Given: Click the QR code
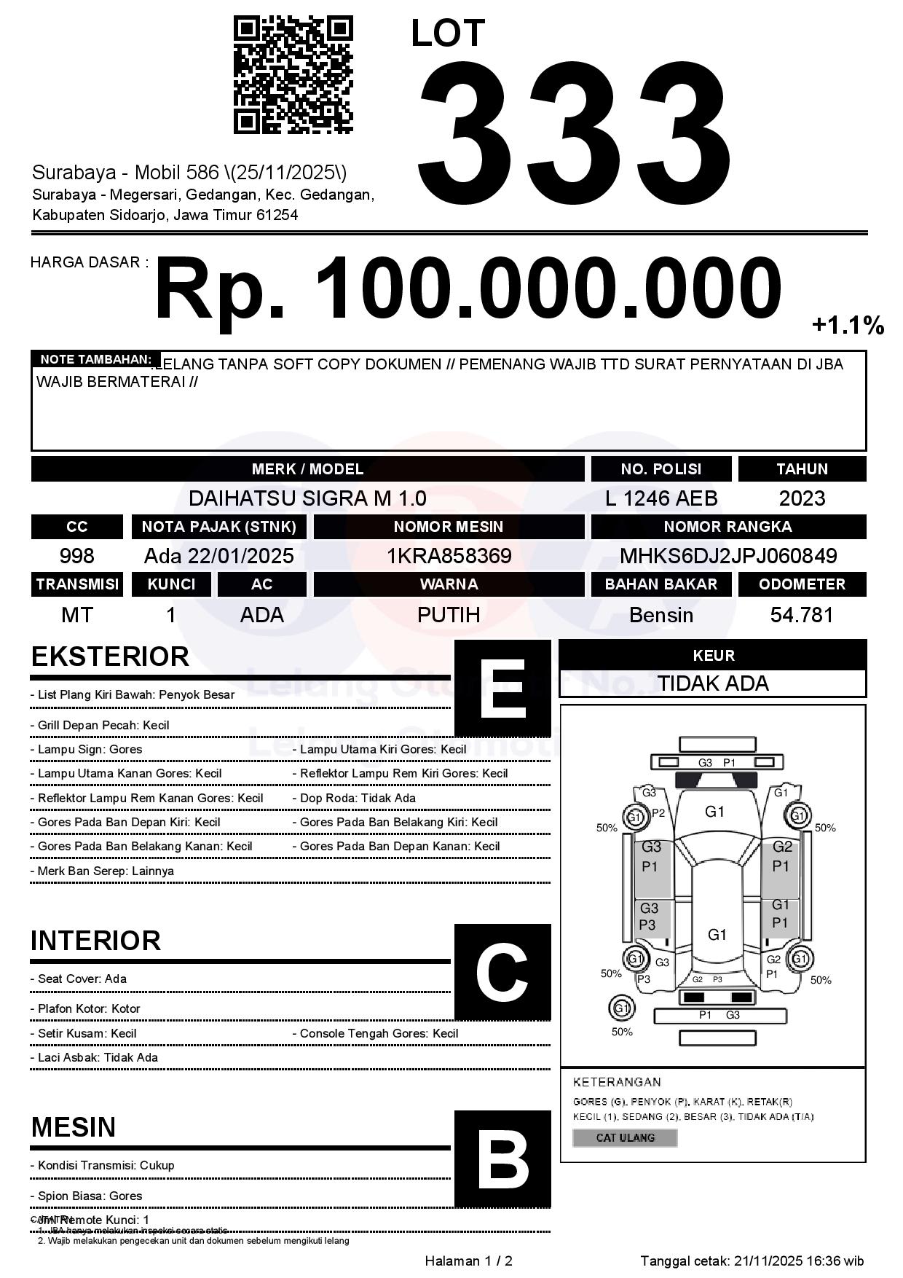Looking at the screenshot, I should tap(293, 75).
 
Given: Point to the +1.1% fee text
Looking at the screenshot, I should tap(848, 325).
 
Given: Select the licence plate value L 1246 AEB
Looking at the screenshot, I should tap(661, 498).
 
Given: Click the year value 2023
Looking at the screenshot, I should tap(802, 498).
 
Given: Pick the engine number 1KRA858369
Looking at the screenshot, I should tap(449, 556).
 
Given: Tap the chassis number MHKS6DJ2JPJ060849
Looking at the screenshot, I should tap(728, 556).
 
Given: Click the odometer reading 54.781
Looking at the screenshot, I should tap(802, 615).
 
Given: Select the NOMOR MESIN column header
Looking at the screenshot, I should tap(449, 527).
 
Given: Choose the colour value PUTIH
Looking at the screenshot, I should tap(449, 615).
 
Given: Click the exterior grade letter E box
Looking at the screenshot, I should tap(502, 689).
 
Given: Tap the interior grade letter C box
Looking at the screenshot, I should tap(502, 972).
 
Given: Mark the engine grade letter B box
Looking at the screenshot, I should tap(502, 1159).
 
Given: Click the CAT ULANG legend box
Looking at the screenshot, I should tap(625, 1137).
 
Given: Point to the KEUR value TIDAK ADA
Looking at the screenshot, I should tap(713, 683).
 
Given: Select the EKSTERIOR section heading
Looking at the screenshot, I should tap(110, 656).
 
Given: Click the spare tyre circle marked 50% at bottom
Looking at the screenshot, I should tap(621, 1008).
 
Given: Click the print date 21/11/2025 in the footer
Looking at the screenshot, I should tap(768, 1261).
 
